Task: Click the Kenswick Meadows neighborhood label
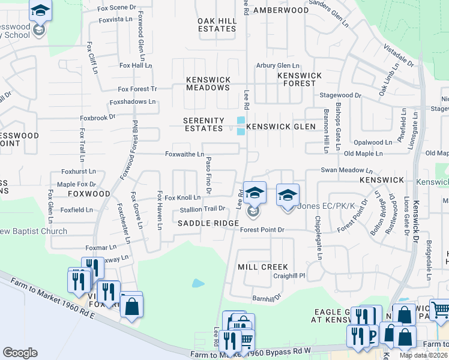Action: (208, 83)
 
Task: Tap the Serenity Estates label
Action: (203, 124)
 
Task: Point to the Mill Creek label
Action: (263, 267)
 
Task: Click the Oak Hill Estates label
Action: (217, 25)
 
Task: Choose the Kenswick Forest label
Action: (300, 79)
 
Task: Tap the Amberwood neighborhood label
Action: (280, 11)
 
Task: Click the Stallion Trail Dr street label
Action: (202, 209)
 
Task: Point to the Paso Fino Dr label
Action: (208, 175)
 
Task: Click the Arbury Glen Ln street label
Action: (277, 65)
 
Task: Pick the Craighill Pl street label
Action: (289, 276)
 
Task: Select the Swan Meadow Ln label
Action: (346, 170)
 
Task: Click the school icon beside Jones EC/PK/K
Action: (288, 195)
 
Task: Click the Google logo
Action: (20, 353)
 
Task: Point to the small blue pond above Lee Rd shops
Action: (198, 283)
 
